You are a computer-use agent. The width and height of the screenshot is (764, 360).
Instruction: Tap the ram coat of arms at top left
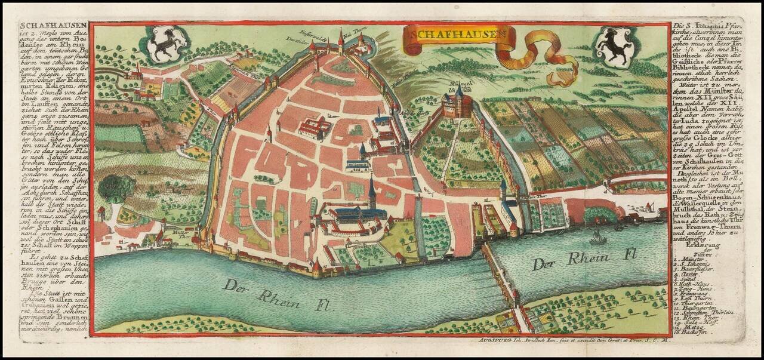159,45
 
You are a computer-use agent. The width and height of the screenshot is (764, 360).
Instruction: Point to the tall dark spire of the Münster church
372,191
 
